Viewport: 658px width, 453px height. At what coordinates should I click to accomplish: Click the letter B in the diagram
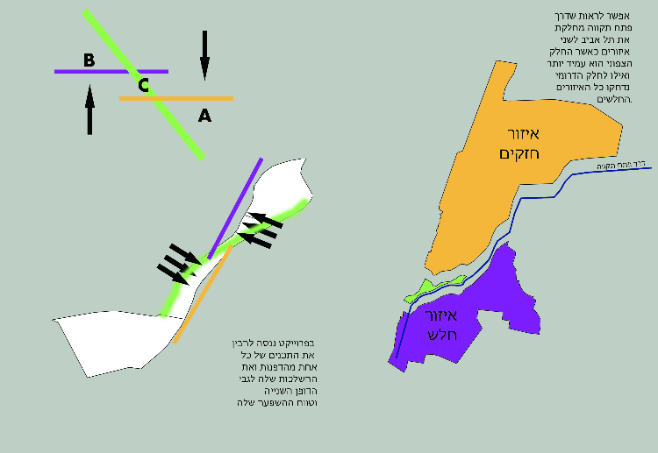coord(89,60)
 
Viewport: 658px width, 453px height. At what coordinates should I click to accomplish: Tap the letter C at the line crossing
coord(144,85)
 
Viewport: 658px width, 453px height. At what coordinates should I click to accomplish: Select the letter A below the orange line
coord(204,114)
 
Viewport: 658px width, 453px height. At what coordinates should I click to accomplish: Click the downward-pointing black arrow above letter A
coord(204,54)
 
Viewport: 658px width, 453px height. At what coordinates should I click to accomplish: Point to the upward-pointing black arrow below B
coord(89,110)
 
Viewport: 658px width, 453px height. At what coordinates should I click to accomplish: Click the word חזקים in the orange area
coord(518,154)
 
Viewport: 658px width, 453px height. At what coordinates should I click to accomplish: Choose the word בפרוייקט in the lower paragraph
coord(296,342)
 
